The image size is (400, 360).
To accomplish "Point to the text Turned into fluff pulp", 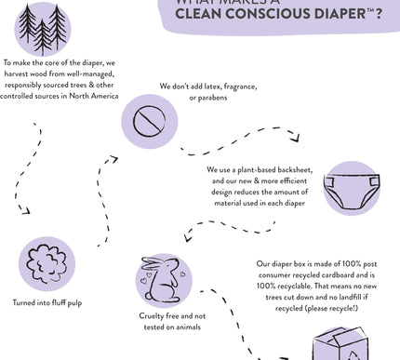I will pyautogui.click(x=51, y=304).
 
